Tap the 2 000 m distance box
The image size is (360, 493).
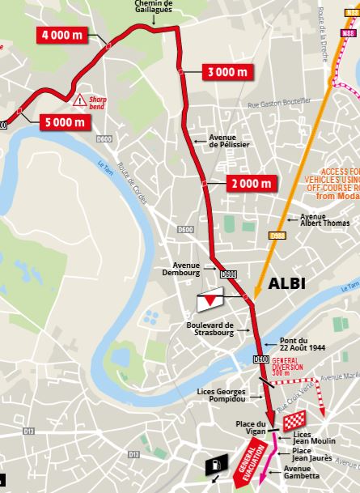click(251, 183)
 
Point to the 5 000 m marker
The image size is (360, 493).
click(62, 122)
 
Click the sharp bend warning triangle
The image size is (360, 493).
click(79, 101)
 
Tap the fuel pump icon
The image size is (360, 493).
click(215, 467)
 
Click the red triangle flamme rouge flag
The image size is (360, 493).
click(211, 300)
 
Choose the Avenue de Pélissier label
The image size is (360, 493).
click(229, 141)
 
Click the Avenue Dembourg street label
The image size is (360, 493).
click(191, 268)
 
